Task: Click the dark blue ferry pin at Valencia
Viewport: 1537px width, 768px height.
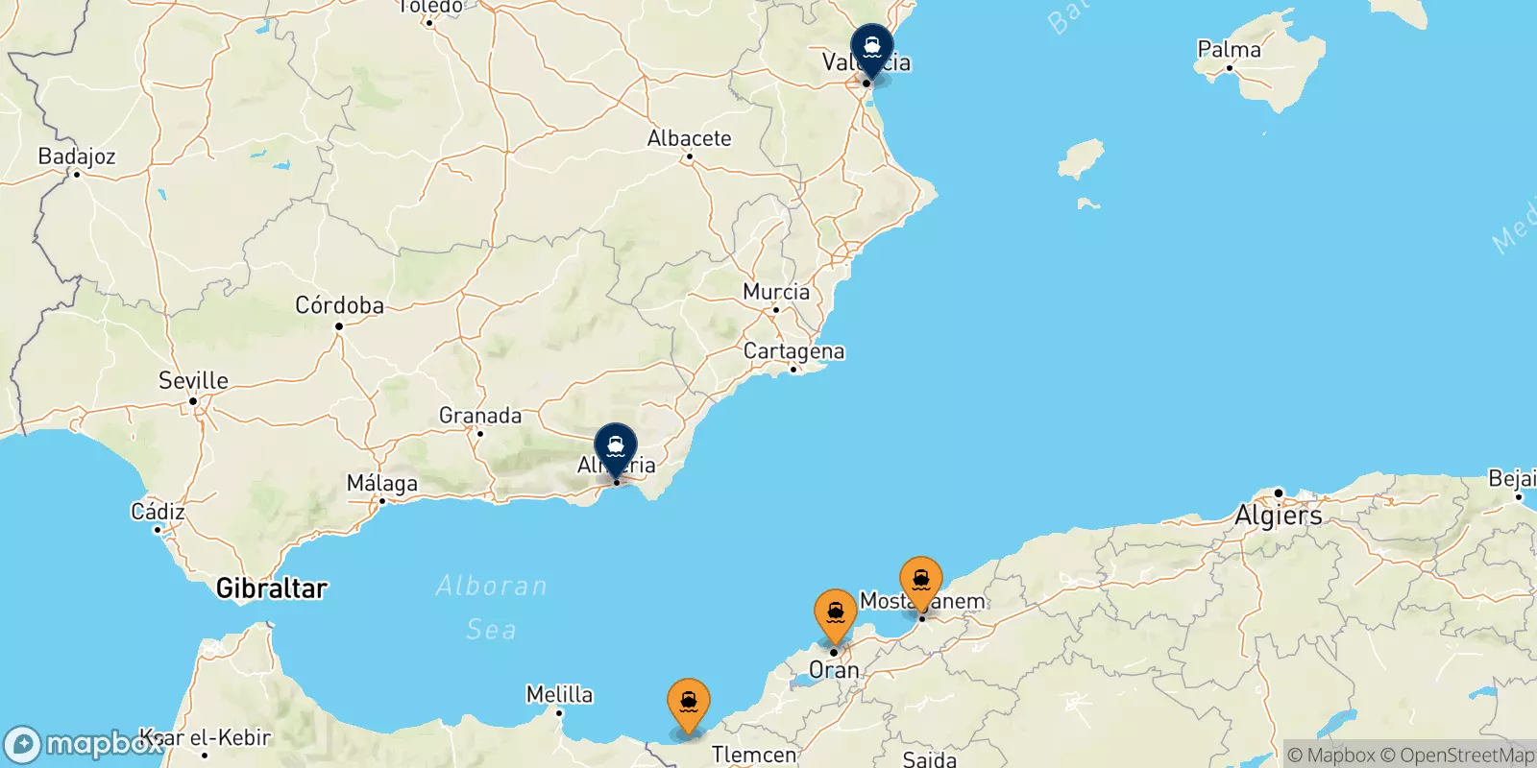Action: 871,47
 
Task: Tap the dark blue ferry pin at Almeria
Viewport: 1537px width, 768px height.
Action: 616,447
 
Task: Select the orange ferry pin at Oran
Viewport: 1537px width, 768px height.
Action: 835,612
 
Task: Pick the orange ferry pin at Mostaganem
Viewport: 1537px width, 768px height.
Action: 921,581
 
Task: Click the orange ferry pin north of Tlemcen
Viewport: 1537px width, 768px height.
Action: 689,704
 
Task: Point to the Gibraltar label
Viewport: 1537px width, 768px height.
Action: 272,588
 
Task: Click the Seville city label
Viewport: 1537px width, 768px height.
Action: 193,380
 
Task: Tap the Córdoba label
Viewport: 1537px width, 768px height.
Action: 339,305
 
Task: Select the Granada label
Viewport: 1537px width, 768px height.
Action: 480,416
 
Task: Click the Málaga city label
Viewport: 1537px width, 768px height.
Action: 382,483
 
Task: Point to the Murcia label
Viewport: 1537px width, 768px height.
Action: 776,292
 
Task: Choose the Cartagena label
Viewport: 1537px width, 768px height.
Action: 793,351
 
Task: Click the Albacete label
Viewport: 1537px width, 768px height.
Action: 689,138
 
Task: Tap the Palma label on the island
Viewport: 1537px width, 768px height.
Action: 1229,49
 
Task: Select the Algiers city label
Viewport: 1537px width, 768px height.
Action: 1279,516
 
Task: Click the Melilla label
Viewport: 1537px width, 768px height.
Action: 559,694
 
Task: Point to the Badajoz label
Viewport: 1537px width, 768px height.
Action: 77,156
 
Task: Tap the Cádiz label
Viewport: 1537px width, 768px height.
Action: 158,512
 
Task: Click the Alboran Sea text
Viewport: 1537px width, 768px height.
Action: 491,607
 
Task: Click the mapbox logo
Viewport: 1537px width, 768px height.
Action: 82,744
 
